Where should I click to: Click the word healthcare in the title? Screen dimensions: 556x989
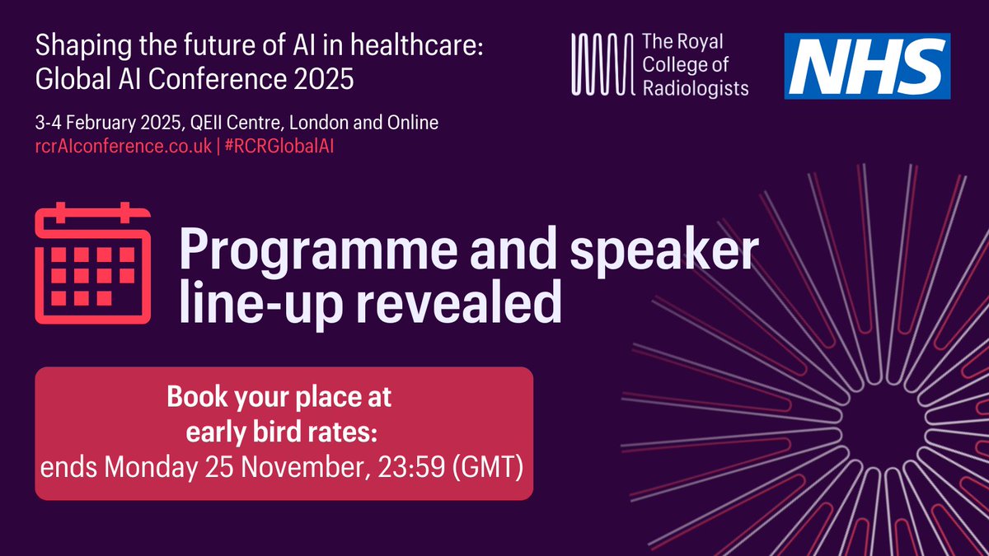pos(411,47)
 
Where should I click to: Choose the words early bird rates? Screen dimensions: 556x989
pos(284,434)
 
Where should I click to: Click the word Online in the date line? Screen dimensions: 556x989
pos(415,124)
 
